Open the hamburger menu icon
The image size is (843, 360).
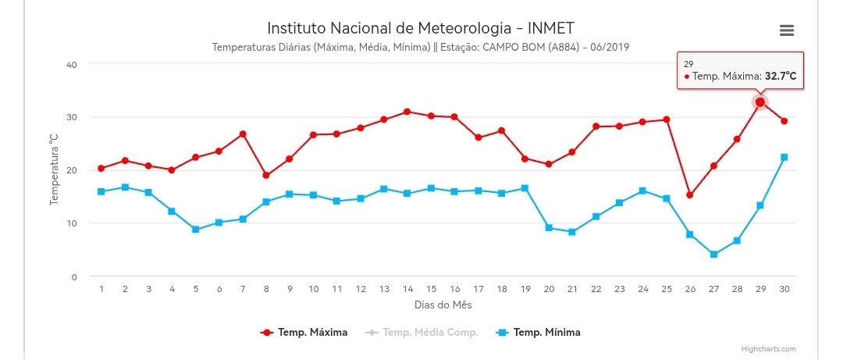pos(787,30)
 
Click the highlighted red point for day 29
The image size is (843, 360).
pos(760,102)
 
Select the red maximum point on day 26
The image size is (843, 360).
pos(690,194)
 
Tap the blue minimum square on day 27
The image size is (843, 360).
pos(713,254)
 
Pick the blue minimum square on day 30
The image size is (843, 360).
pos(784,157)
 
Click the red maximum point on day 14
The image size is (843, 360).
pos(407,112)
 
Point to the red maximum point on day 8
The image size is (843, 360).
pos(266,175)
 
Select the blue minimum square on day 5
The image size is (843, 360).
pos(196,230)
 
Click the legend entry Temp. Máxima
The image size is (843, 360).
pos(304,332)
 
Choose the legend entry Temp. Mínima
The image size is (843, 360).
pos(538,332)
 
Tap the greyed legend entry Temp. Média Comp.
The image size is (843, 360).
pos(421,332)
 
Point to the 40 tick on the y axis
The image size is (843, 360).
pos(72,65)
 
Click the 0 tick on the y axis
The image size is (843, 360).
pos(74,276)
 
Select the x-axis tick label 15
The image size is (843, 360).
pos(431,289)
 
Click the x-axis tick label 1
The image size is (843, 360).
pos(101,289)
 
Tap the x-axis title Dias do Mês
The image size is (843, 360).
pos(443,305)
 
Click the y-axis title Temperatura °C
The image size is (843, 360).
pos(54,170)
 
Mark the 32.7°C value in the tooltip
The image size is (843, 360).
pos(781,77)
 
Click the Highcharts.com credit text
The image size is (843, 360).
pos(769,349)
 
